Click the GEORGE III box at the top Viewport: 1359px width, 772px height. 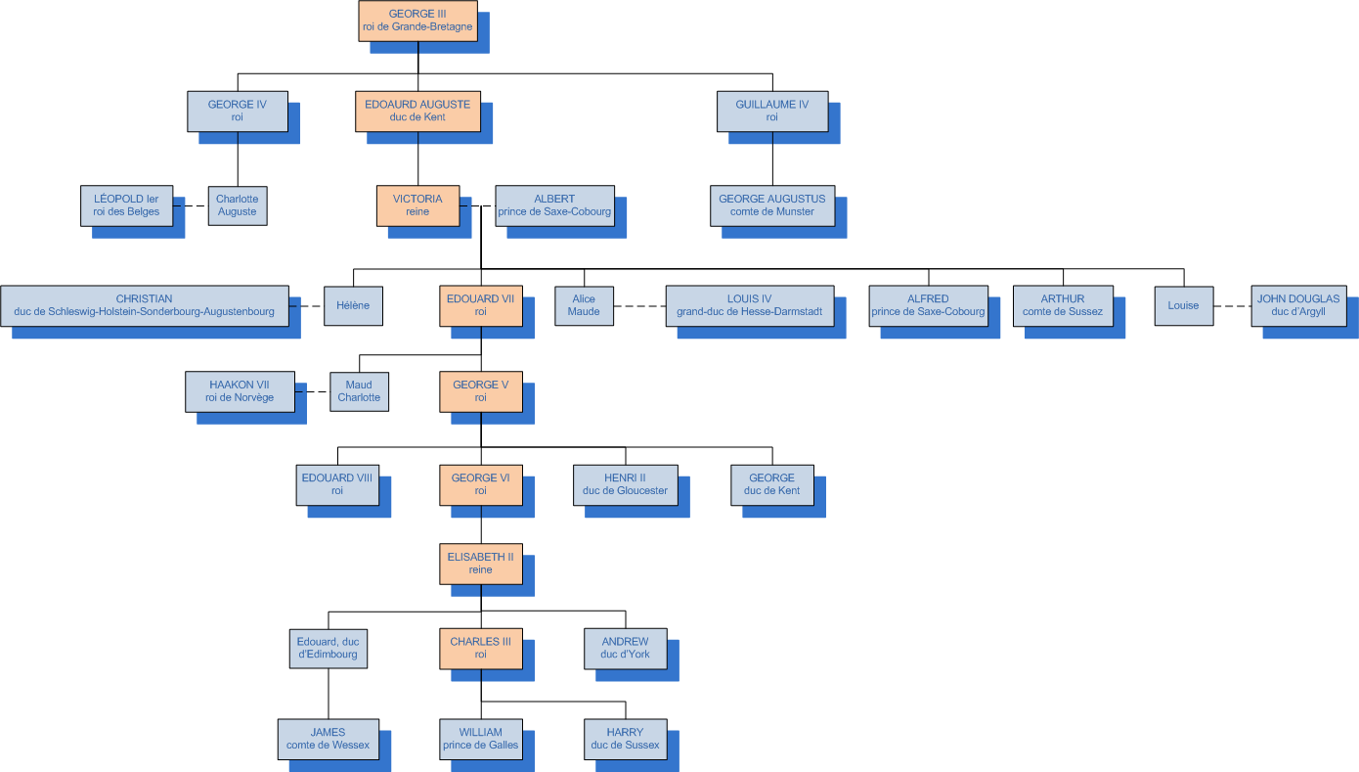tap(417, 21)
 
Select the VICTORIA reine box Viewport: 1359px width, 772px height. tap(417, 205)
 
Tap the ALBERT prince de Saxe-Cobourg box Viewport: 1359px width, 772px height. tap(554, 205)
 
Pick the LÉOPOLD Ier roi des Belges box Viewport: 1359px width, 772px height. tap(127, 205)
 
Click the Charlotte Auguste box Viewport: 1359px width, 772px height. tap(237, 205)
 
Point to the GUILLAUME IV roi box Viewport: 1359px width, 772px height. tap(771, 111)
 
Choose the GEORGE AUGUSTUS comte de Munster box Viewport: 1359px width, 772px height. tap(771, 205)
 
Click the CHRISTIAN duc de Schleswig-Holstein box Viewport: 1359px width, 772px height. tap(144, 305)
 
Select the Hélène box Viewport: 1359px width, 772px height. tap(353, 305)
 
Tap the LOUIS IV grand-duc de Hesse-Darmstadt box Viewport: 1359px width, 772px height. tap(749, 305)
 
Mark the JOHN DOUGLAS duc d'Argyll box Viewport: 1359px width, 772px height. tap(1298, 305)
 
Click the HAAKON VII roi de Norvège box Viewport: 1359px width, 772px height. tap(240, 391)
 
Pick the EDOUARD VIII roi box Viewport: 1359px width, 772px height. tap(337, 484)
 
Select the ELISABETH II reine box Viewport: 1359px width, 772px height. tap(480, 564)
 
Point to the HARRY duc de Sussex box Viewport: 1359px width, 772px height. tap(625, 739)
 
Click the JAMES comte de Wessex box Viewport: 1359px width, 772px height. tap(328, 739)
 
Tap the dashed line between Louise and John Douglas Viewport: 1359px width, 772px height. tap(1232, 306)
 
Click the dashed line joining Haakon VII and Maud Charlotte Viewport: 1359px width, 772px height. tap(312, 391)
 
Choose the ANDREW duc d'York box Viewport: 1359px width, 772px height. tap(625, 648)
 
